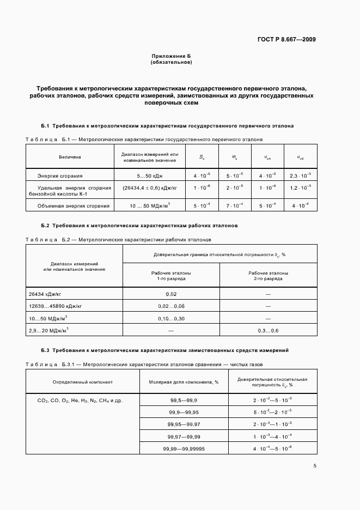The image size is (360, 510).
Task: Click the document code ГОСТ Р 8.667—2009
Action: coord(286,39)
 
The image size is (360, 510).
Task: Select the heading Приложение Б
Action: coord(171,56)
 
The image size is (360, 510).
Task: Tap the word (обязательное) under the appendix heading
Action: coord(171,62)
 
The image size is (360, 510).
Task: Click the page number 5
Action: coord(315,465)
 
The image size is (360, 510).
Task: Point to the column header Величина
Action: coord(70,157)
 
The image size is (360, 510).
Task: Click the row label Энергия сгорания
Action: coord(60,175)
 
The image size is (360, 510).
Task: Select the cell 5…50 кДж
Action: coord(150,175)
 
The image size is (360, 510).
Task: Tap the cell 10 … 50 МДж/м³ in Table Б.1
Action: coord(150,206)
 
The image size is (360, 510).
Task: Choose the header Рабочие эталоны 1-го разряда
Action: coord(171,275)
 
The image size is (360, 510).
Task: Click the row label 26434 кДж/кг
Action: coord(45,294)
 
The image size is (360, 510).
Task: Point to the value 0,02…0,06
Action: coord(171,306)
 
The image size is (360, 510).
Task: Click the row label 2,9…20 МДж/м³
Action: coord(48,331)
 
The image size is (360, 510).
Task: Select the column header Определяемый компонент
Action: coord(83,382)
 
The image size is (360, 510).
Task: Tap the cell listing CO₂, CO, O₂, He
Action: coord(80,400)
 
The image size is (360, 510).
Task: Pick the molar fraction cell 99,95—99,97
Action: coord(184,423)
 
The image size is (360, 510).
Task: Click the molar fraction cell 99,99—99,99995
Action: coord(184,448)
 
